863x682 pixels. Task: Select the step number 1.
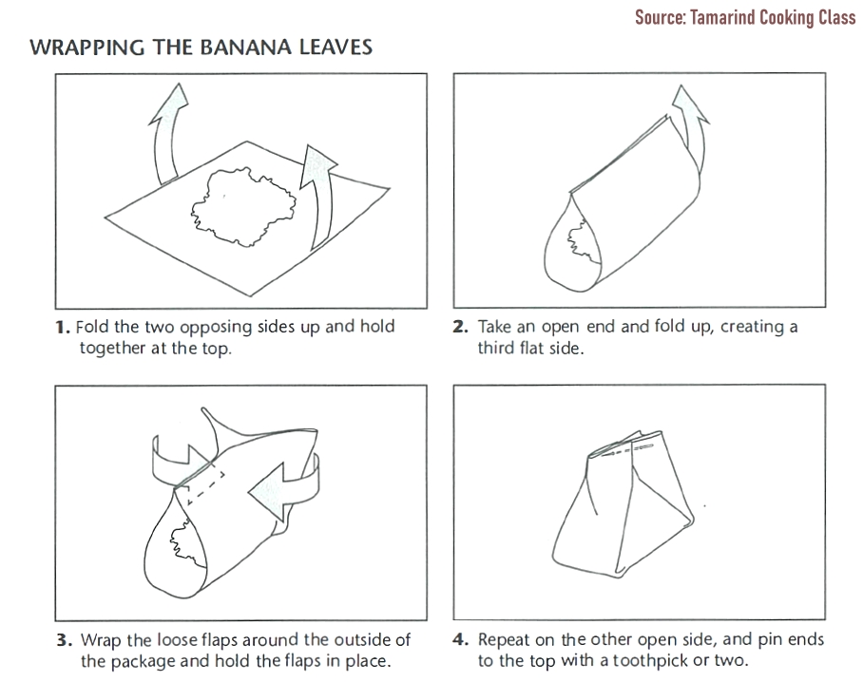[62, 328]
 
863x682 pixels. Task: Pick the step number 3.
[64, 640]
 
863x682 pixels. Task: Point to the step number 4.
[460, 640]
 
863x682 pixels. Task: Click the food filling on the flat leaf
[243, 206]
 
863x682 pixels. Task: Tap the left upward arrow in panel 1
[165, 132]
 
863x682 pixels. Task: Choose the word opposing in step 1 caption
[217, 328]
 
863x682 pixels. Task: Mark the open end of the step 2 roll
[572, 245]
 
